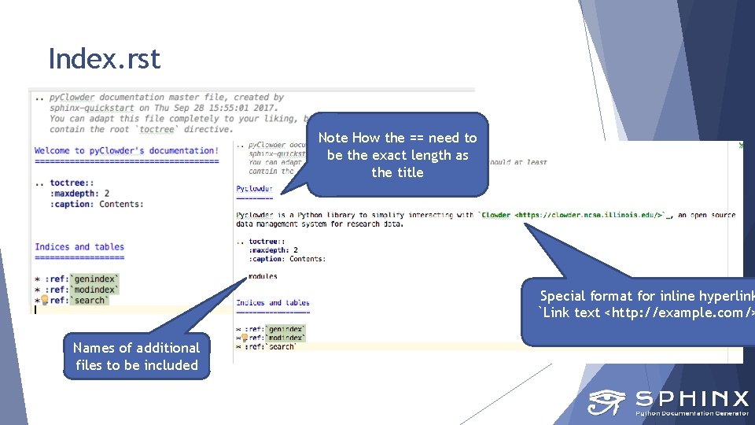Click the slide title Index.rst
104,59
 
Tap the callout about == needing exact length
397,155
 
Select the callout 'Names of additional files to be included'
137,356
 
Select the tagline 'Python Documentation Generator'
691,412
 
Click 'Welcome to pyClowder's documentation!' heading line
126,150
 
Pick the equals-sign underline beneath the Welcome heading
126,161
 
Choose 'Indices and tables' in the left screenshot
79,246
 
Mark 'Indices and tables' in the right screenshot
272,302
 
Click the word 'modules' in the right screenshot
262,276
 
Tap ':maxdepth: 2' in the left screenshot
79,193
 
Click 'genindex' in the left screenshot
95,278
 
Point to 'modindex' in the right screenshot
285,338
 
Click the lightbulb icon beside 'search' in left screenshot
45,300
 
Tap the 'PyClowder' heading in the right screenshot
254,189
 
